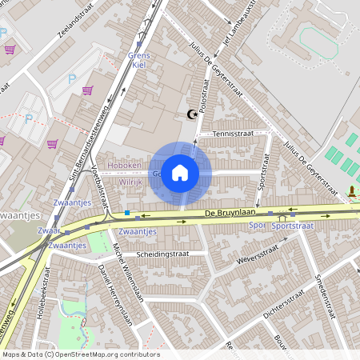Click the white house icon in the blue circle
point(180,172)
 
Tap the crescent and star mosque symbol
point(190,115)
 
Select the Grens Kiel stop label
point(139,61)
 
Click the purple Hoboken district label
point(125,165)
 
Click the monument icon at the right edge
point(351,192)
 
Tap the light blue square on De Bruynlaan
point(127,214)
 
